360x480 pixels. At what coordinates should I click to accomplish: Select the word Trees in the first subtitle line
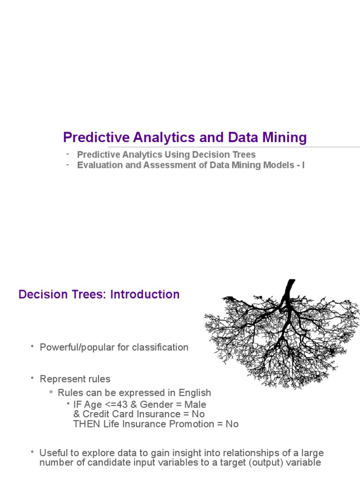(244, 155)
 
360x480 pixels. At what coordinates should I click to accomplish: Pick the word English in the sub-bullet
(195, 393)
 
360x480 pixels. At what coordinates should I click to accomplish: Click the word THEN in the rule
(86, 424)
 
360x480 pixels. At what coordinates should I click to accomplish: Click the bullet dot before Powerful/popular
(33, 346)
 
